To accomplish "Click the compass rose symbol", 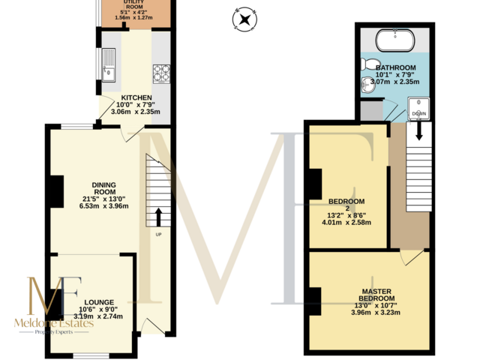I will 244,17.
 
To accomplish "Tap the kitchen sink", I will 108,65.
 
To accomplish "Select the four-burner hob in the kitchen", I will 161,73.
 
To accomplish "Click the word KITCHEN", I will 136,97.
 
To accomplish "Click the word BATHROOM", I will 395,67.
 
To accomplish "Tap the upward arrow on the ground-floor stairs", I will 158,217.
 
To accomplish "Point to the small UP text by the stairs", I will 158,235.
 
